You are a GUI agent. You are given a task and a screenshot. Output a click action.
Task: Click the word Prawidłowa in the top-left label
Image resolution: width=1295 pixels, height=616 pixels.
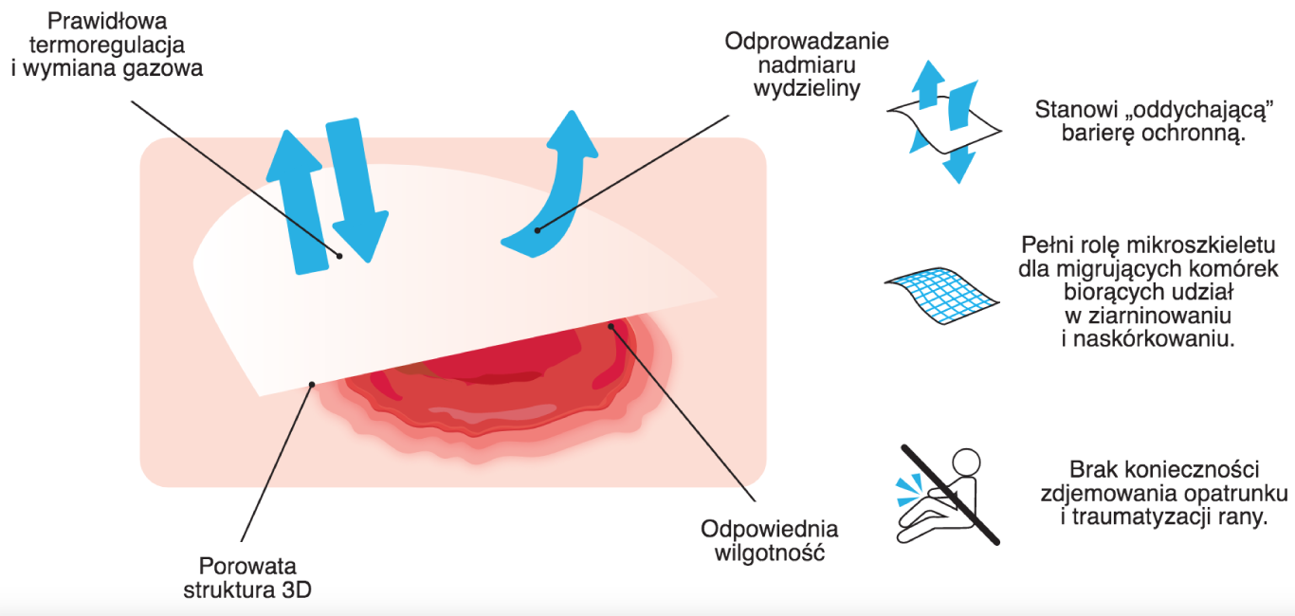point(107,22)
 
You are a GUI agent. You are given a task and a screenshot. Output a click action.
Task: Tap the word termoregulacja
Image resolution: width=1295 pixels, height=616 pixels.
point(107,45)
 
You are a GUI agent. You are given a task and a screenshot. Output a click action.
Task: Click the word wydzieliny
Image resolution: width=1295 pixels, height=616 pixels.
point(807,89)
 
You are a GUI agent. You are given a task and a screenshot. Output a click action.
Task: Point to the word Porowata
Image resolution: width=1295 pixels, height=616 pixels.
point(247,565)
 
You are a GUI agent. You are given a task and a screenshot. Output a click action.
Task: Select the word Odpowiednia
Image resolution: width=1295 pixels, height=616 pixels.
point(769,530)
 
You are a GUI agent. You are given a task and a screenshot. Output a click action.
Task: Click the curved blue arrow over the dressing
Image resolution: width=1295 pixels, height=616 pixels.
point(561,190)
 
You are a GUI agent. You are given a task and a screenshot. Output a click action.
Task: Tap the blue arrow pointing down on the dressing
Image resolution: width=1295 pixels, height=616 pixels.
point(356,190)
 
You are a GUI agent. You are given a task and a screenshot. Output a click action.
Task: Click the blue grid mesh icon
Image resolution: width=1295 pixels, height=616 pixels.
point(941,296)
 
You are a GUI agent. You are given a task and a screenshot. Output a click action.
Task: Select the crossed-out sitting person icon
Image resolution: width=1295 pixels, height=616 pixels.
point(949,496)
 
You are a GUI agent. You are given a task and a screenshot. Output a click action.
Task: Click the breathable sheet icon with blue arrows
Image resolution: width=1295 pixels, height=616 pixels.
point(944,122)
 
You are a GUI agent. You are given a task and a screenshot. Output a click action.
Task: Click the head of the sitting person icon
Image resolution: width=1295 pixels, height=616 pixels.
point(966,462)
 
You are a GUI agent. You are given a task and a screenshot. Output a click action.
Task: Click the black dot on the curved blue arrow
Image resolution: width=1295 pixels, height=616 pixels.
point(538,230)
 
